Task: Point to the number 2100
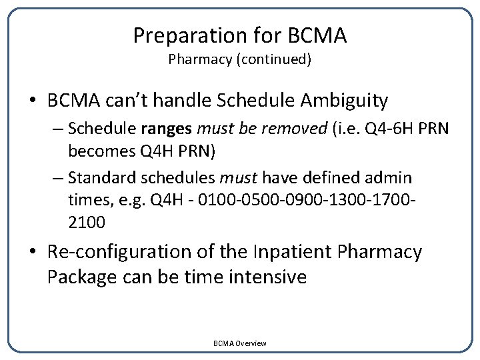86,223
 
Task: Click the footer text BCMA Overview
239,343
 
